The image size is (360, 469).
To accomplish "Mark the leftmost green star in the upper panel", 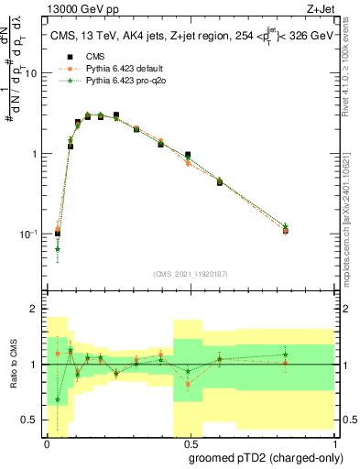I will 57,248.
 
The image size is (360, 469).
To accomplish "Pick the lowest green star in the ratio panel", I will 57,399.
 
